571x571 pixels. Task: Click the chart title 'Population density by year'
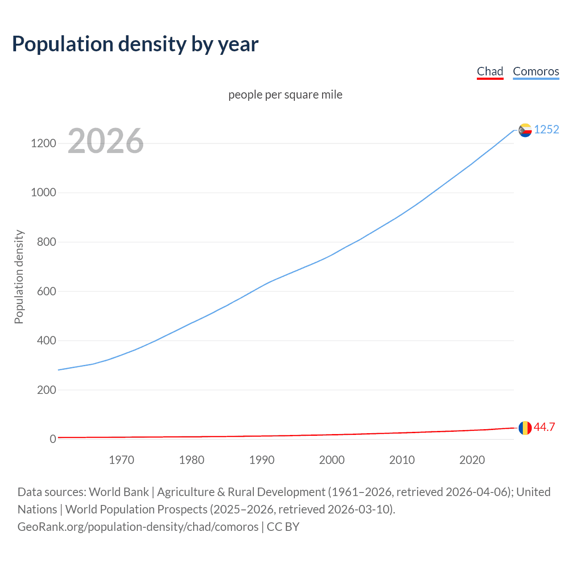[135, 44]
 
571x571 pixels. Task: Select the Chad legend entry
[490, 71]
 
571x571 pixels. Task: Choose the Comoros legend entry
[536, 71]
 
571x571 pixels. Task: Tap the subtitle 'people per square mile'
[285, 95]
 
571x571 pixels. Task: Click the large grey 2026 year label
[106, 141]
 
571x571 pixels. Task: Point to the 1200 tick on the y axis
[43, 143]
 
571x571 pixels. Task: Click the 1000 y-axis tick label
[43, 193]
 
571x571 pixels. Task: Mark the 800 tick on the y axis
[46, 242]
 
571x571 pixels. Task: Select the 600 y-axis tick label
[46, 291]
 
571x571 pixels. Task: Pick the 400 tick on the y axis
[46, 340]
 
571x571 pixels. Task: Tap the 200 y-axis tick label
[46, 390]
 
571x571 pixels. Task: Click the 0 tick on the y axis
[53, 439]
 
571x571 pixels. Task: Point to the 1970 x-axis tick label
[121, 460]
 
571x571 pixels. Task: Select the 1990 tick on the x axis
[262, 460]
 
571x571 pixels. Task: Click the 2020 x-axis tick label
[472, 460]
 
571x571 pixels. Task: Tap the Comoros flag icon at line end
[525, 130]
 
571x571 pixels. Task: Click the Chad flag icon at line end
[525, 428]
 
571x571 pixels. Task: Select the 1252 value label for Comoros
[546, 129]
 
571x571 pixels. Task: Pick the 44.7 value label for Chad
[544, 427]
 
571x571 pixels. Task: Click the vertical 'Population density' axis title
[19, 277]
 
